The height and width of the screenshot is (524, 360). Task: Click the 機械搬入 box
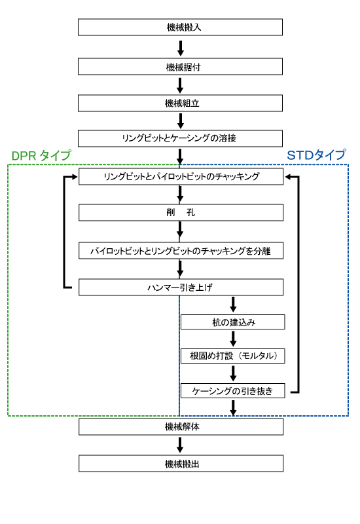tap(181, 27)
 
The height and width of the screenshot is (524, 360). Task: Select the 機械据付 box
tap(181, 67)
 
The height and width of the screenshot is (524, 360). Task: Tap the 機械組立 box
tap(181, 103)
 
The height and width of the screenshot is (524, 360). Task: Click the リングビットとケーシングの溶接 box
tap(181, 138)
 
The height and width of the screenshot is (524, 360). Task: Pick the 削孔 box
tap(181, 212)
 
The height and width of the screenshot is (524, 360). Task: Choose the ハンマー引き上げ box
tap(181, 287)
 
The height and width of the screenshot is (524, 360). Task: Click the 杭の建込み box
tap(233, 322)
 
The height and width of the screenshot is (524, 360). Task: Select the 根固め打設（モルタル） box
tap(233, 356)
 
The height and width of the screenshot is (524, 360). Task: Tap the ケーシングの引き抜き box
tap(233, 390)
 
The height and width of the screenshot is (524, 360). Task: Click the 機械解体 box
tap(181, 427)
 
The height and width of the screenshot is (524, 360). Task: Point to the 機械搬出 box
tap(181, 464)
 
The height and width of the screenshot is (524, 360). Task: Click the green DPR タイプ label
tap(41, 155)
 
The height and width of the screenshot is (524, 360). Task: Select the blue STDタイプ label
tap(316, 155)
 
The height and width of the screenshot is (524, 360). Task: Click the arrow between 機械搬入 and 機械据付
tap(181, 48)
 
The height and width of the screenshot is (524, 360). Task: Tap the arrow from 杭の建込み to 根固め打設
tap(233, 339)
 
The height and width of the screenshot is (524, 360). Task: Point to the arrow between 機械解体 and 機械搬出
tap(180, 445)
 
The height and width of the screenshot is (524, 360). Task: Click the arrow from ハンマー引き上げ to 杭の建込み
tap(233, 305)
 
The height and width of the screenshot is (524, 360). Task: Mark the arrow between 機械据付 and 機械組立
tap(180, 86)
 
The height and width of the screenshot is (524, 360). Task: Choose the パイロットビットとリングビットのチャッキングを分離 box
tap(181, 251)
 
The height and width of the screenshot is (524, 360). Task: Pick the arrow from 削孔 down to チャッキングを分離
tap(180, 230)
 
